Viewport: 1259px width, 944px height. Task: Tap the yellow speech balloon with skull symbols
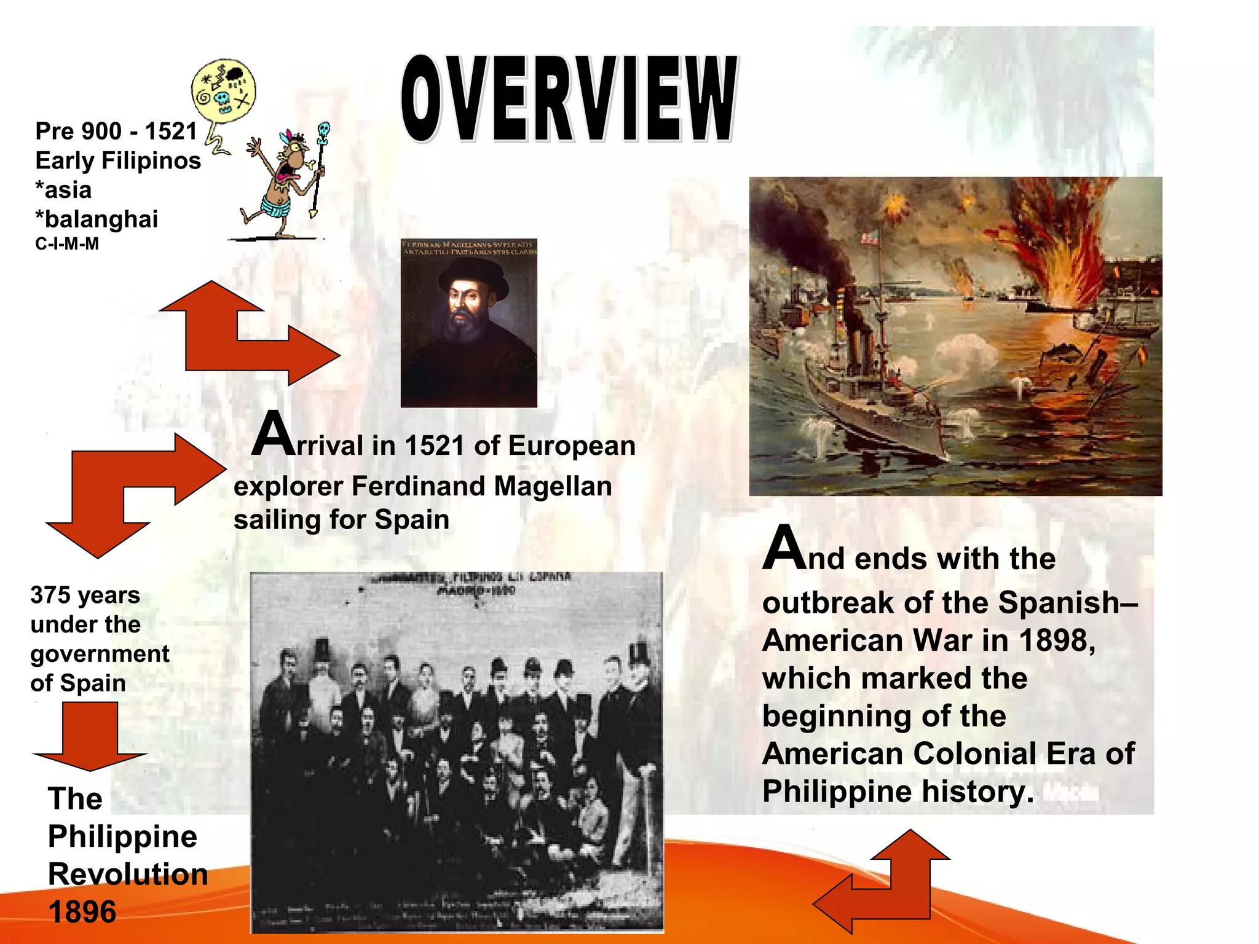tap(223, 90)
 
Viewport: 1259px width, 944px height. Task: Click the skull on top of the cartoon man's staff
tap(323, 130)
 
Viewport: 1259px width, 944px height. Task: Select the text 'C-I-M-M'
tap(67, 244)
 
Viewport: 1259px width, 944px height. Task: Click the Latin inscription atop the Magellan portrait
tap(469, 248)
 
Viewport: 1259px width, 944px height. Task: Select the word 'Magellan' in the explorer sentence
tap(553, 486)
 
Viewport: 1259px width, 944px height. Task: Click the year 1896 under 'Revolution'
tap(82, 911)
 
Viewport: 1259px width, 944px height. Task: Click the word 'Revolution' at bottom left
tap(128, 874)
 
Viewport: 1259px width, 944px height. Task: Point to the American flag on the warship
tap(869, 237)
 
